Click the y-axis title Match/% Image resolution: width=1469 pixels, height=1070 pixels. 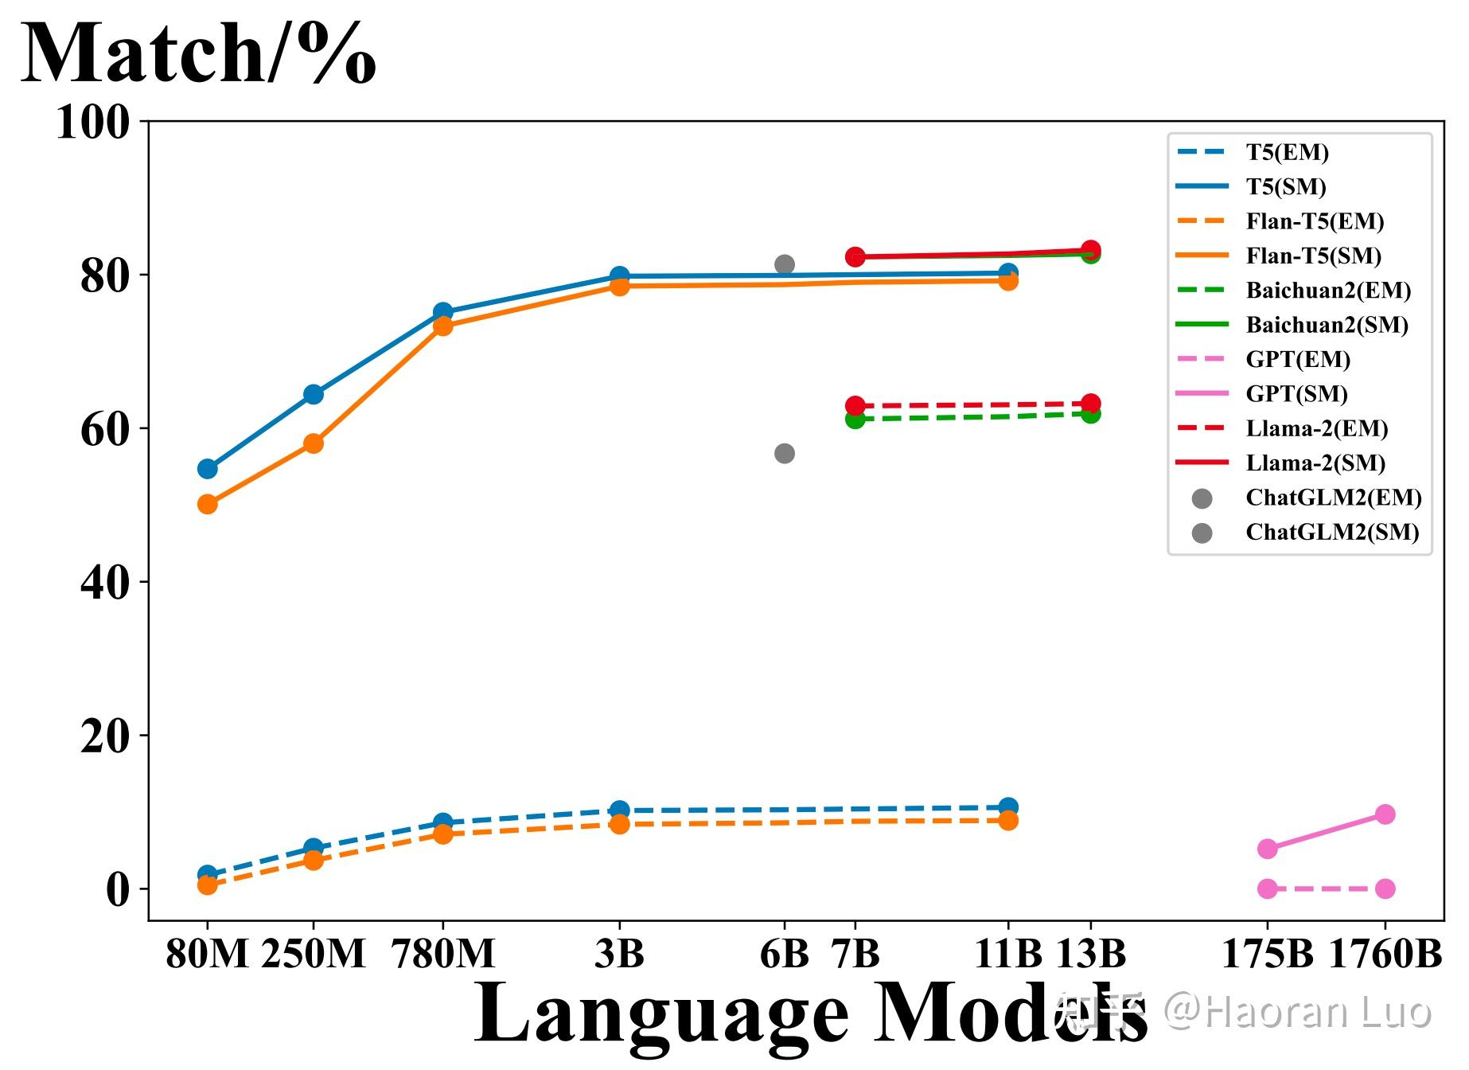click(198, 54)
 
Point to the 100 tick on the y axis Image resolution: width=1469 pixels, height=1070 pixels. click(92, 123)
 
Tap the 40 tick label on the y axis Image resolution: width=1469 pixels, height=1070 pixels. click(104, 583)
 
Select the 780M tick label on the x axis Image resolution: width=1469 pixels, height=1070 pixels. click(443, 953)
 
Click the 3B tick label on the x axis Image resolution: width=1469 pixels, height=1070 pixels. click(619, 953)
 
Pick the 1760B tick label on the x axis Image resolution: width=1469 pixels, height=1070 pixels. click(1385, 953)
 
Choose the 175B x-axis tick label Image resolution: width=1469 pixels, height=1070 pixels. click(1267, 953)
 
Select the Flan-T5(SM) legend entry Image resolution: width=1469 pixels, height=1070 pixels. click(1313, 256)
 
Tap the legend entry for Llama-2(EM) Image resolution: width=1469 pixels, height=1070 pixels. click(1316, 428)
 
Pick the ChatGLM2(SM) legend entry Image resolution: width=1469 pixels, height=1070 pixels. click(1332, 532)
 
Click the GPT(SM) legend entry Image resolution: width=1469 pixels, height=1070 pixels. click(1296, 394)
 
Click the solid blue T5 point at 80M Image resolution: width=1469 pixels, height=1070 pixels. click(208, 469)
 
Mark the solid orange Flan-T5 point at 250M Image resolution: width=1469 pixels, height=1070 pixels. click(314, 443)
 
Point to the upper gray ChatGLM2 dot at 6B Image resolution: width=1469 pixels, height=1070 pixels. click(785, 264)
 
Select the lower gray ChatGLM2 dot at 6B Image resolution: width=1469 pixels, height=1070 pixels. click(785, 454)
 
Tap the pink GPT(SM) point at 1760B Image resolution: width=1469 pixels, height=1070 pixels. click(1385, 814)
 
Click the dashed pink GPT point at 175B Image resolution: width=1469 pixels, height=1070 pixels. click(1268, 889)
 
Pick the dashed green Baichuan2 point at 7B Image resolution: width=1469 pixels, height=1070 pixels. click(855, 419)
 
